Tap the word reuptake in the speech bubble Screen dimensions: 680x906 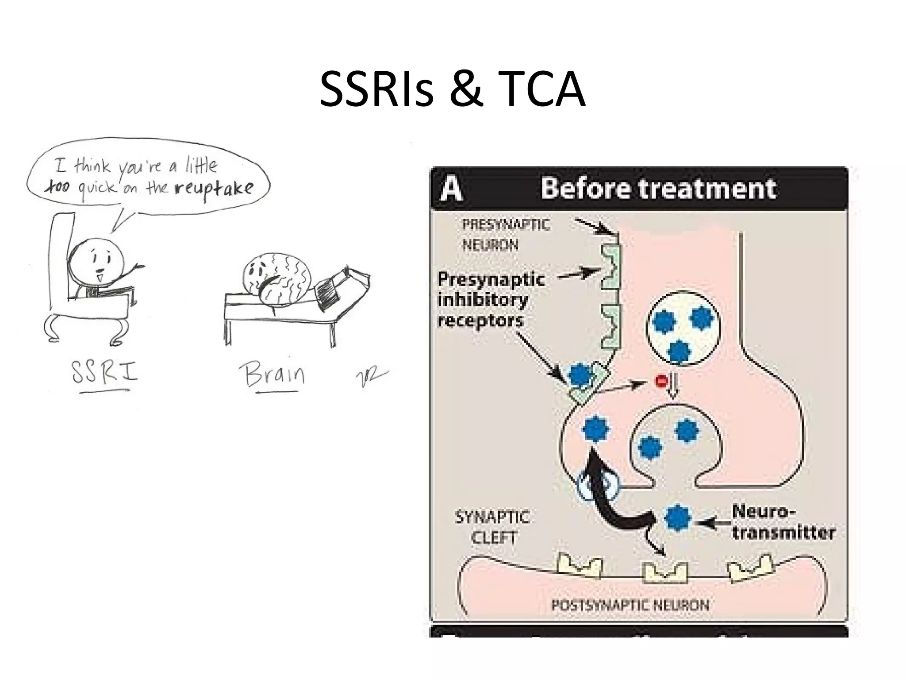click(214, 189)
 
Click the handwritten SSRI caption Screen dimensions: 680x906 click(105, 373)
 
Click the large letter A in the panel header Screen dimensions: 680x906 click(451, 189)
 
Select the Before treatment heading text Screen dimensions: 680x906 click(658, 189)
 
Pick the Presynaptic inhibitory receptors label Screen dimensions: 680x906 click(490, 300)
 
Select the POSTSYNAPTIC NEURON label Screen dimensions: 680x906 click(630, 605)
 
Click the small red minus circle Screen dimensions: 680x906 click(661, 381)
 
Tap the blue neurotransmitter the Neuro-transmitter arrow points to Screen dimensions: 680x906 click(677, 518)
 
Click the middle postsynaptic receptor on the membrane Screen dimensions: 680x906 click(664, 572)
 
